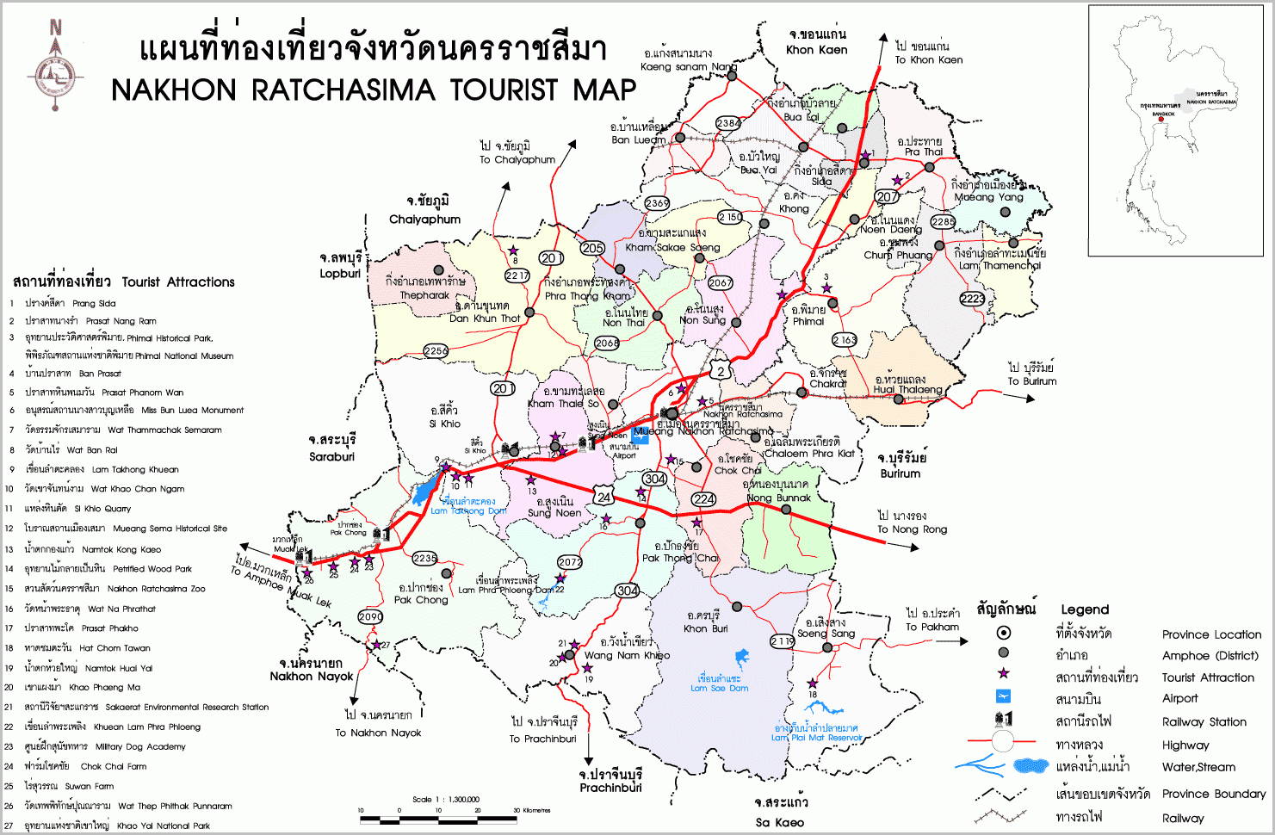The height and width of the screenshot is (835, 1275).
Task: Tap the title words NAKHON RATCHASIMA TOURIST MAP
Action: pyautogui.click(x=374, y=90)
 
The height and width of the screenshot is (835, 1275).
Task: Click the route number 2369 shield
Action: pyautogui.click(x=657, y=203)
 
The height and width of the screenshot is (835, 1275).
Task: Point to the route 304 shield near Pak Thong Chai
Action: pyautogui.click(x=627, y=591)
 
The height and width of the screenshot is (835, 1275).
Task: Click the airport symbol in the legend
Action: pyautogui.click(x=1003, y=697)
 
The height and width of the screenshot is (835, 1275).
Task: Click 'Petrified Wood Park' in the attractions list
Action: pyautogui.click(x=152, y=569)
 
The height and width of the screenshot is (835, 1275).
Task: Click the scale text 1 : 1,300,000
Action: pyautogui.click(x=446, y=800)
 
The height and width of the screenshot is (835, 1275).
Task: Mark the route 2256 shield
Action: pyautogui.click(x=436, y=350)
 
